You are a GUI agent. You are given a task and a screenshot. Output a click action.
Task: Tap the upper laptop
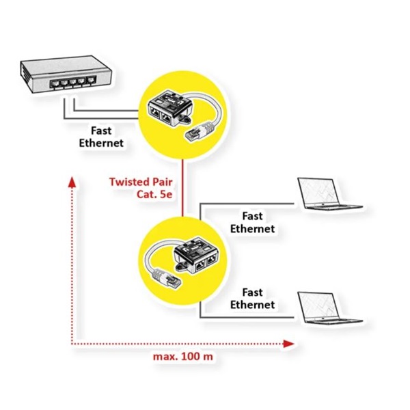328,195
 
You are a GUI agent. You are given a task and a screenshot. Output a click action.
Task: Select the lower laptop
328,307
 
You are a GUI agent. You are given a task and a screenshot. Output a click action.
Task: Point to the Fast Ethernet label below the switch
101,137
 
